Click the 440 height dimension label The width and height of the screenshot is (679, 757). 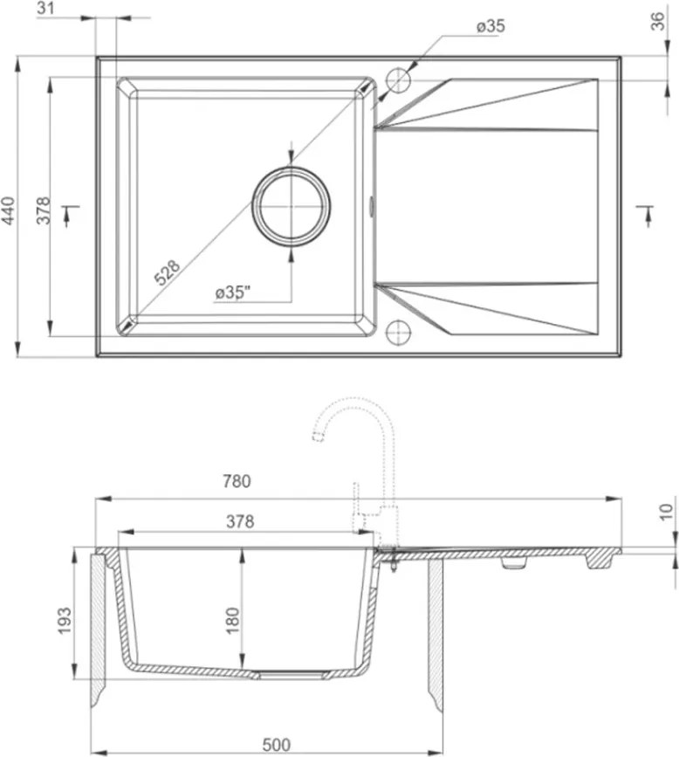click(9, 210)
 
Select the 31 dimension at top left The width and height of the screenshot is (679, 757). click(46, 8)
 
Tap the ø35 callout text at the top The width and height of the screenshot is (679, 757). click(490, 26)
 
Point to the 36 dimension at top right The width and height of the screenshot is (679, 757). click(658, 21)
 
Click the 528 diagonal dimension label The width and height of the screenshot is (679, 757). click(167, 272)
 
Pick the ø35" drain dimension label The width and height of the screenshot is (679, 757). click(233, 292)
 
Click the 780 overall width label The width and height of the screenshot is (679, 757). click(237, 481)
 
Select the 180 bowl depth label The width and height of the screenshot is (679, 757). click(232, 621)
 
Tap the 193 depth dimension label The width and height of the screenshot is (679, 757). click(65, 621)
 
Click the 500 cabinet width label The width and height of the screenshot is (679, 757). click(277, 745)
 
